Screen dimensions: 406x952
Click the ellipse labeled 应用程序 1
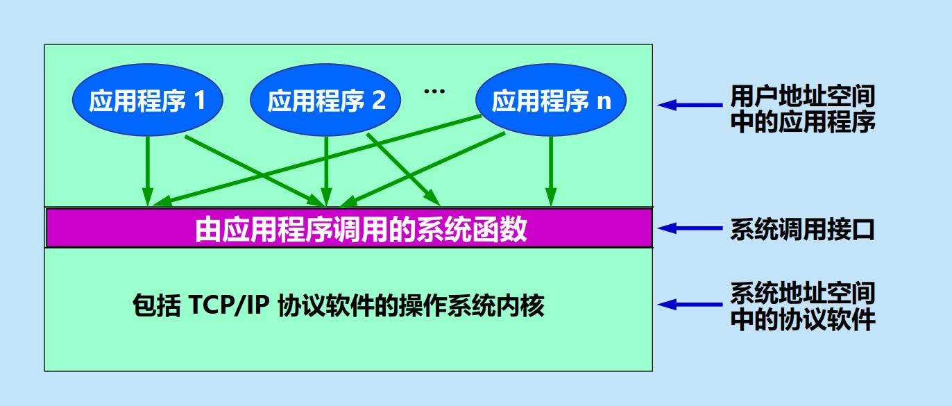coord(148,101)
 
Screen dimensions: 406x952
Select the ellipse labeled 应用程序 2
coord(326,101)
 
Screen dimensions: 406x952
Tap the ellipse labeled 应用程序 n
coord(551,101)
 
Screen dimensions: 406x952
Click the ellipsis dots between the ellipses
coord(434,92)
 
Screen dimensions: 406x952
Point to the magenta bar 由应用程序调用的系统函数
coord(349,228)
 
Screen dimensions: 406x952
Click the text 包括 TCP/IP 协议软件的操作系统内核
coord(339,305)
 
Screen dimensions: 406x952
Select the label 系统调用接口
coord(802,230)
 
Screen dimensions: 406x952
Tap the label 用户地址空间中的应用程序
coord(802,108)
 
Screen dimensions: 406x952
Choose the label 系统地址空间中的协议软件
coord(802,305)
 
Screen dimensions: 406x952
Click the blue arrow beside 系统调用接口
coord(690,228)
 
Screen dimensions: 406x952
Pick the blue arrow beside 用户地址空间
coord(690,105)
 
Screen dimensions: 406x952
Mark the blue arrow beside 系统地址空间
coord(690,304)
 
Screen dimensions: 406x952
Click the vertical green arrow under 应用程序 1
coord(147,170)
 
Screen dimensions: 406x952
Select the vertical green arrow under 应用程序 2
coord(327,170)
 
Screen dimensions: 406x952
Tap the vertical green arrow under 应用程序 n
coord(551,170)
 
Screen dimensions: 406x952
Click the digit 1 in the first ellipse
coord(200,101)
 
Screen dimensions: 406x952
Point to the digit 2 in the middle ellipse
coord(378,101)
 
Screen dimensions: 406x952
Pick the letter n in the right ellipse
coord(604,102)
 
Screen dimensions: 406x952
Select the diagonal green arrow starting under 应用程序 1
coord(257,171)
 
